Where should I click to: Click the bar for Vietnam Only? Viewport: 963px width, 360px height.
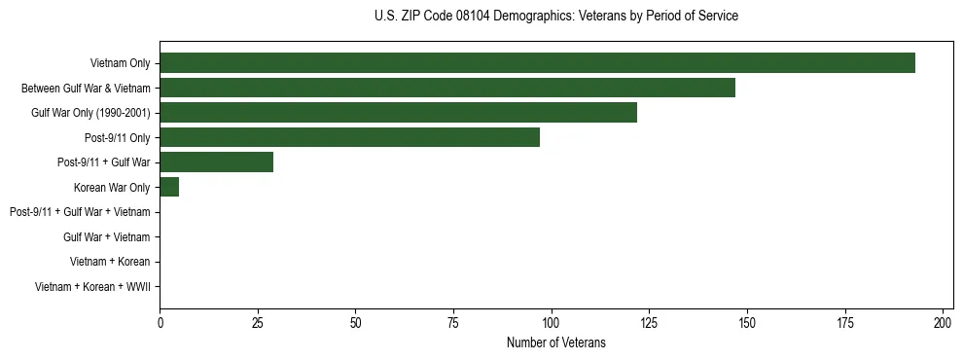[537, 63]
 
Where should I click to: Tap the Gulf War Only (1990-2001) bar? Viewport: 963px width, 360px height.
[398, 113]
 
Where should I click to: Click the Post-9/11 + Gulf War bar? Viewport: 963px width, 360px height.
[216, 162]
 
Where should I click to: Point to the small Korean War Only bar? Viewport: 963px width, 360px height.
[169, 187]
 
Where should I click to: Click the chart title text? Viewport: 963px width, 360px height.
[555, 17]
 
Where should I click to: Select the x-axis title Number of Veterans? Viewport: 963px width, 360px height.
[555, 342]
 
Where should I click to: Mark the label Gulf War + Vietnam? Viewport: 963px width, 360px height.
[106, 237]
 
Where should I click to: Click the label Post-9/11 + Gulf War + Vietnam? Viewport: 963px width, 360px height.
[80, 212]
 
